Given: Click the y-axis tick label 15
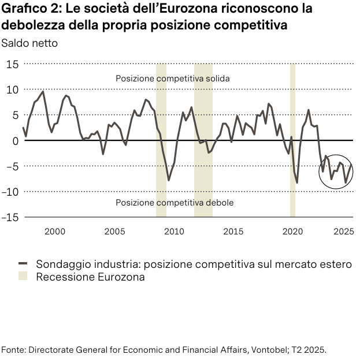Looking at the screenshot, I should pos(12,64).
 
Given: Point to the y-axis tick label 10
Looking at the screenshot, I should pos(12,89).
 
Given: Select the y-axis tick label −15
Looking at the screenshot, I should pos(10,217).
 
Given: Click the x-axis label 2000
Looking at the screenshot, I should pos(55,232).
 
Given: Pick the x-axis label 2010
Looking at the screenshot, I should pos(174,232).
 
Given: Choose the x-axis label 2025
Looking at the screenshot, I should pos(343,232).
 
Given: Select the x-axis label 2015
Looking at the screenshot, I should pos(233,232).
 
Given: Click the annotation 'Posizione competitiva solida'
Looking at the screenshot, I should pos(173,79).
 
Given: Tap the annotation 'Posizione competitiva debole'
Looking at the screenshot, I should pos(174,203).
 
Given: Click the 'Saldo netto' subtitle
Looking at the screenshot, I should pos(29,43).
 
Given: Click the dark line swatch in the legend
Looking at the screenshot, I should pos(23,264).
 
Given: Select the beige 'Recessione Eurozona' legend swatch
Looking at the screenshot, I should pos(23,277).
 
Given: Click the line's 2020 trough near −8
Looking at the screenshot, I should pos(297,182).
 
